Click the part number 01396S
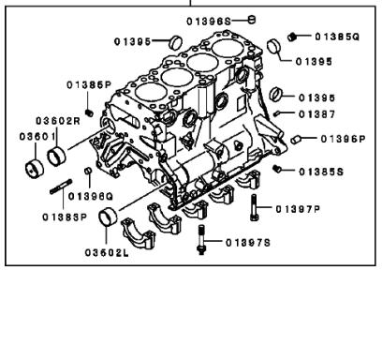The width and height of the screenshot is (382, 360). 209,22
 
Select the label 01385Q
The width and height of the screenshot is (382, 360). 337,37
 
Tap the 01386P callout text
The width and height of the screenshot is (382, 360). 89,85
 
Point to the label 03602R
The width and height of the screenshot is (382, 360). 58,121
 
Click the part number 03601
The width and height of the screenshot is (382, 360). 37,137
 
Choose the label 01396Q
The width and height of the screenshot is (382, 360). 91,196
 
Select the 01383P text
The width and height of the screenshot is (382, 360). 65,217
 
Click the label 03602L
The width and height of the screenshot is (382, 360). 107,252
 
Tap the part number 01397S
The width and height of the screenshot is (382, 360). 248,243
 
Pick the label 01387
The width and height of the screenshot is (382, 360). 317,114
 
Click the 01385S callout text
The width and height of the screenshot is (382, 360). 321,172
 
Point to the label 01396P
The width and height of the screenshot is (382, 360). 343,139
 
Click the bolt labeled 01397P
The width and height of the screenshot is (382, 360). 254,207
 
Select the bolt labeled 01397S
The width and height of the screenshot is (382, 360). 201,239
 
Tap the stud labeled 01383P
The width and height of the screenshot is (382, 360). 61,187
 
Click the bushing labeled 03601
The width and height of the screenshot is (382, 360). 35,169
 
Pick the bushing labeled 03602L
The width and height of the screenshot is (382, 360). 108,217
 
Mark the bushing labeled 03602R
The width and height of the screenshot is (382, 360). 56,156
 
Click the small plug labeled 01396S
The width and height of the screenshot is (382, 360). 252,20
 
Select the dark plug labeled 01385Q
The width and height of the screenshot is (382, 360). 291,37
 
